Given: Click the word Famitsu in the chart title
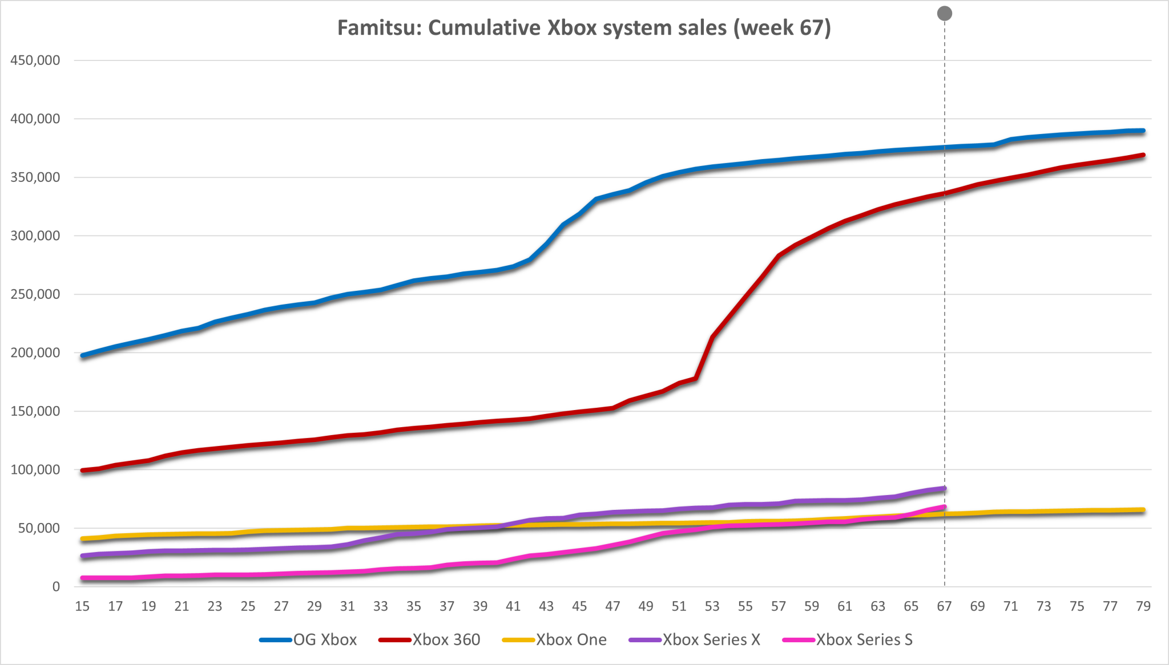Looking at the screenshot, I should tap(378, 28).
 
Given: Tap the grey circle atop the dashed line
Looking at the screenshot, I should tap(945, 14).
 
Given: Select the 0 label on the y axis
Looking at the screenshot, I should tap(56, 587).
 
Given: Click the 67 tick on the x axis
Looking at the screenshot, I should tap(944, 606).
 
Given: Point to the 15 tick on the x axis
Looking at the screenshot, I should tap(82, 606).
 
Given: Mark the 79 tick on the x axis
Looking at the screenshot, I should tap(1143, 606).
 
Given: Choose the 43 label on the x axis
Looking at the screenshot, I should tap(546, 606).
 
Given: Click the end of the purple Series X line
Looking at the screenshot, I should tap(945, 488).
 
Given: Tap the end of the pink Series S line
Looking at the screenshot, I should tap(945, 506).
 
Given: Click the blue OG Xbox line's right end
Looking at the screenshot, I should tap(1143, 131).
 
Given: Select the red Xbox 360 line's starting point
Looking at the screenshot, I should tap(83, 471).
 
